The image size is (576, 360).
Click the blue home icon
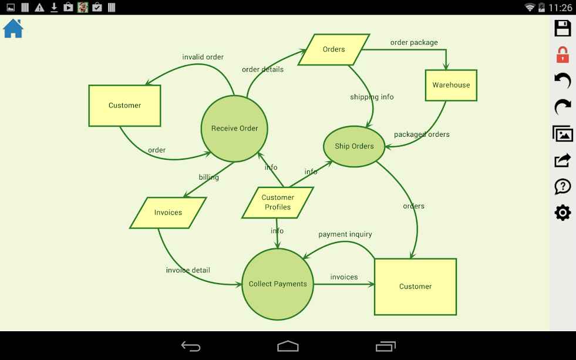coord(14,28)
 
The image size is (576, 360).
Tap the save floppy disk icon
coord(562,28)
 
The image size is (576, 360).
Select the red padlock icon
coord(562,55)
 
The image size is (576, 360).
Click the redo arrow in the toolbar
coord(562,107)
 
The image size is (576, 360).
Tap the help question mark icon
coord(562,186)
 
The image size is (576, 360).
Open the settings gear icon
coord(562,213)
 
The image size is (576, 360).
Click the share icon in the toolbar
coord(562,160)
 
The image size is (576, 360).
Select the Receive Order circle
coord(234,129)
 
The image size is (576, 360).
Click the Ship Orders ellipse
coord(354,146)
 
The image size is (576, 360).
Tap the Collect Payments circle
coord(278,284)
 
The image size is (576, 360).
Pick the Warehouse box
coord(451,85)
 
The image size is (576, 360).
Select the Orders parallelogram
coord(334,49)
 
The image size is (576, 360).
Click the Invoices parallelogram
coord(168,213)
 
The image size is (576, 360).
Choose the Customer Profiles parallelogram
coord(278,203)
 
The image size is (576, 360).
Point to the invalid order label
coord(203,57)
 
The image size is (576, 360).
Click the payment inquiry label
coord(345,234)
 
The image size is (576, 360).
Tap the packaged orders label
coord(422,134)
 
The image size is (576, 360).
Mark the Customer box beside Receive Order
coord(124,106)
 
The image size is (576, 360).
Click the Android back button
coord(191,346)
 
